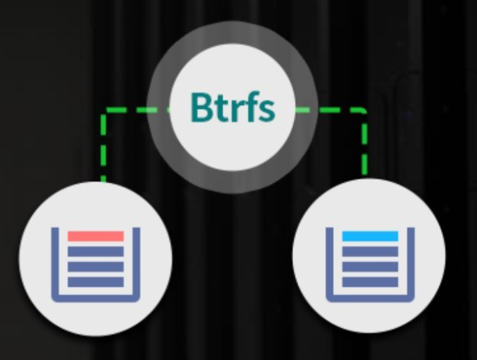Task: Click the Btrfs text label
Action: coord(232,107)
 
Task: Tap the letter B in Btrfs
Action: coord(201,107)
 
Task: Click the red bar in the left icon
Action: coord(95,236)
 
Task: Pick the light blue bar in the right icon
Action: coord(370,236)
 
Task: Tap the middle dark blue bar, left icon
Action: coord(95,266)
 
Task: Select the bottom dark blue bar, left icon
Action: coord(95,282)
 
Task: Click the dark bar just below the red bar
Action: coord(95,252)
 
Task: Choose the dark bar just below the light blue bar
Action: coord(370,252)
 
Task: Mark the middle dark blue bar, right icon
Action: coord(370,266)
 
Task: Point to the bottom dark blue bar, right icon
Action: coord(370,282)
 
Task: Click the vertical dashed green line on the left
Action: coord(103,146)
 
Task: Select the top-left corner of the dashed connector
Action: coord(103,110)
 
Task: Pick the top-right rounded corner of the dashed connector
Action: coord(363,111)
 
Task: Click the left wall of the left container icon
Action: coord(55,263)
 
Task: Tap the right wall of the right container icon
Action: coord(411,263)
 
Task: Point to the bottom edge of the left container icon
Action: coord(95,298)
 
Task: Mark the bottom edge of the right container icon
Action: coord(370,298)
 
